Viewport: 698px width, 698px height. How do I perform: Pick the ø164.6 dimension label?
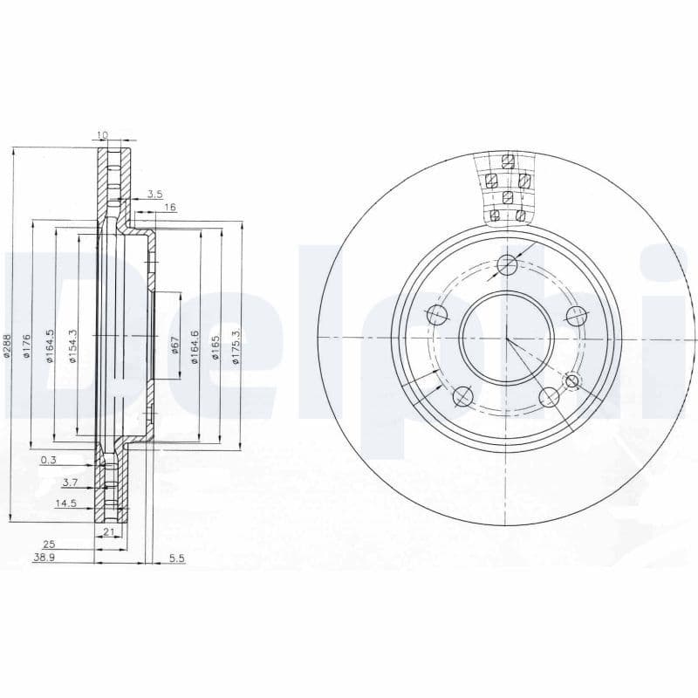195,346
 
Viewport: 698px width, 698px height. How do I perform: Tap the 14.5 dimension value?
66,503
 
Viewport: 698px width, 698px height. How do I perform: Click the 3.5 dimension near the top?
155,194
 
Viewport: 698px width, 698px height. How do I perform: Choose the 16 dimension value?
170,207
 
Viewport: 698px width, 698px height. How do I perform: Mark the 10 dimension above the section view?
102,134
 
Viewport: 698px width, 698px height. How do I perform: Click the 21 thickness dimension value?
109,530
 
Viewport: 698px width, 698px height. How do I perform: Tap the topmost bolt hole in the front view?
505,264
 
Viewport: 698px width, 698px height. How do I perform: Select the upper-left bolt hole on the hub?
437,314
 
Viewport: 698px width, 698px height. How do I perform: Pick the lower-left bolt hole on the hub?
462,396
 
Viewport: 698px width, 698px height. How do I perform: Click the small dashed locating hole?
572,380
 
